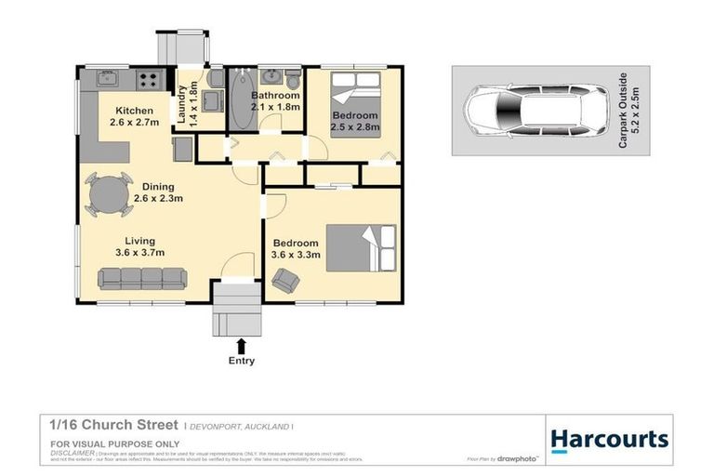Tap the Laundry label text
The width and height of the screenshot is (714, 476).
pyautogui.click(x=181, y=104)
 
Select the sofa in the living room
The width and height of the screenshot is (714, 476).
pyautogui.click(x=142, y=277)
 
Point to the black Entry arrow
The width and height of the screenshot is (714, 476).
pyautogui.click(x=242, y=346)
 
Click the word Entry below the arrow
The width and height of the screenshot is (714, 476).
pyautogui.click(x=241, y=361)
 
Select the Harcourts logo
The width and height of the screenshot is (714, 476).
pyautogui.click(x=609, y=439)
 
